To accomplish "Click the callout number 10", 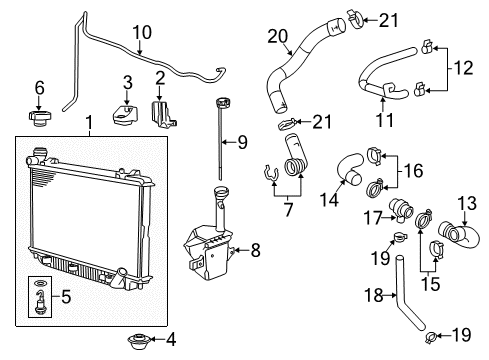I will coord(143,33).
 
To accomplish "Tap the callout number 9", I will coord(242,141).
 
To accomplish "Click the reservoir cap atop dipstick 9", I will coord(217,102).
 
